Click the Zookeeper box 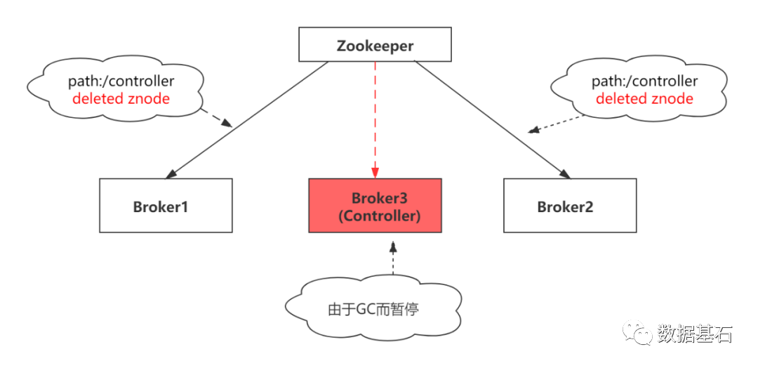375,46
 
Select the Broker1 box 166,205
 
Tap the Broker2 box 569,205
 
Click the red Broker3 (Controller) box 375,205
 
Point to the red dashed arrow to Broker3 375,119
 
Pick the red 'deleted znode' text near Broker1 121,98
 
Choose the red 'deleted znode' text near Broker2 644,98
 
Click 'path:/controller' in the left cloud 121,81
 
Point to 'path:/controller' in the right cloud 644,81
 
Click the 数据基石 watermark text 694,332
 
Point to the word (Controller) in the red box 379,216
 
